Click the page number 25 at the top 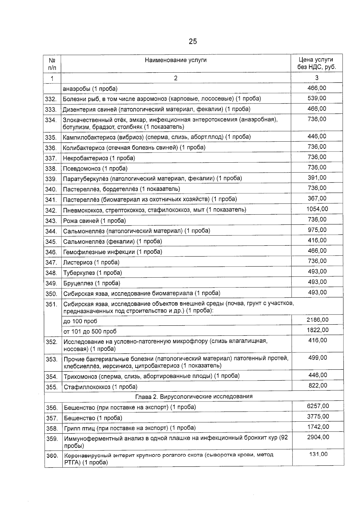[x=193, y=41]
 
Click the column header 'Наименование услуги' [x=175, y=60]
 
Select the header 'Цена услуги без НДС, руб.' [x=316, y=63]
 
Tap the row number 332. [x=51, y=99]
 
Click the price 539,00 [x=317, y=98]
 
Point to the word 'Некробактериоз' [x=85, y=158]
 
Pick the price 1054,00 [x=317, y=209]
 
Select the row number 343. [x=51, y=221]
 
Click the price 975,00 [x=317, y=230]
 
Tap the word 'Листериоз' [x=78, y=262]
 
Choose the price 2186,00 [x=317, y=320]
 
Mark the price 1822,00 [x=317, y=330]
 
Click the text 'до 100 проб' [x=80, y=321]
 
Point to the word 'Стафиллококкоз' [x=87, y=387]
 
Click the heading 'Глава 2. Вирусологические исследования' [x=194, y=396]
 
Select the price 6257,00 [x=318, y=406]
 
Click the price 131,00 [x=318, y=454]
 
